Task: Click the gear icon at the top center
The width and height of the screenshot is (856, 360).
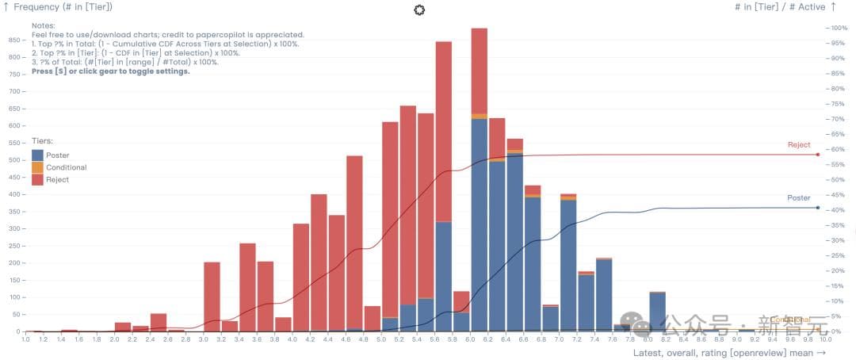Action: [419, 10]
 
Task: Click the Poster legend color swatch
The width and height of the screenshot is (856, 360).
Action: [37, 155]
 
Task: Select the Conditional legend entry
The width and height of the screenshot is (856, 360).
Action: [66, 167]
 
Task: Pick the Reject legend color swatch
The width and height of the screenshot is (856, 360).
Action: [37, 180]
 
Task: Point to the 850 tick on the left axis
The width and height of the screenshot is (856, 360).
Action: [14, 40]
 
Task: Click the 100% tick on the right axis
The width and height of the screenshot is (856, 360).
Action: [838, 28]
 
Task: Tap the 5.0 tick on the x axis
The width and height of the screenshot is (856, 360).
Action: [380, 339]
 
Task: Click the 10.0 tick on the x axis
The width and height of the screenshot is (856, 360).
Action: [825, 339]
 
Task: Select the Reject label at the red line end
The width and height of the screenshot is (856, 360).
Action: [798, 145]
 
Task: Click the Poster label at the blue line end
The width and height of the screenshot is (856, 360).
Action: [798, 197]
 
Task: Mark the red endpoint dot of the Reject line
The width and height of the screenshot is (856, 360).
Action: [817, 154]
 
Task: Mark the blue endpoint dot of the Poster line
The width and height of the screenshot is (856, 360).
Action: [817, 208]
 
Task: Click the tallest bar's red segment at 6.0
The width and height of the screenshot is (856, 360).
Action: [479, 71]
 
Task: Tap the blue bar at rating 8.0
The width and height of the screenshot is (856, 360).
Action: [657, 312]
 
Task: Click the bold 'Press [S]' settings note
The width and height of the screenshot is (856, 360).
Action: [110, 71]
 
